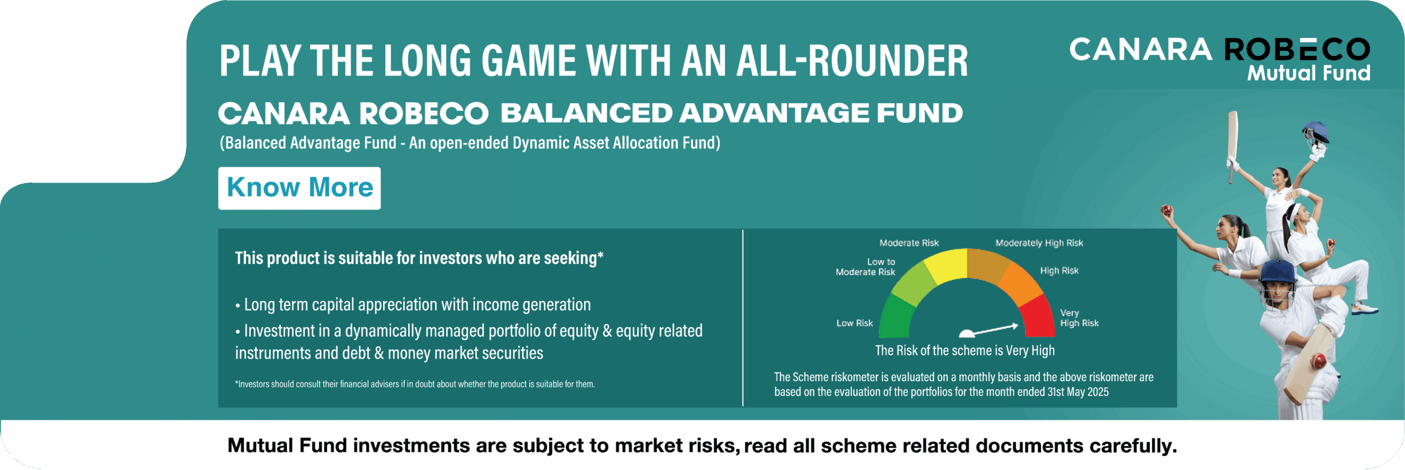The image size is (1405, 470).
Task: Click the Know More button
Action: coord(299,188)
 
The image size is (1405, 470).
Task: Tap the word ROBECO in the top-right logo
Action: coord(1297,50)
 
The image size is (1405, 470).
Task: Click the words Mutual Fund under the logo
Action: coord(1308,73)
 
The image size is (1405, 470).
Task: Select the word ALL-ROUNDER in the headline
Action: coord(852,60)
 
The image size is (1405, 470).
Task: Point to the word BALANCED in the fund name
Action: coord(586,113)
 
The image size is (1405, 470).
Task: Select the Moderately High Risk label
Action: coord(1039,243)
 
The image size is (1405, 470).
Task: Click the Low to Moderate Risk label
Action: coord(866,267)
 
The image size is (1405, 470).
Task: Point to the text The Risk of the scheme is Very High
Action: coord(965,350)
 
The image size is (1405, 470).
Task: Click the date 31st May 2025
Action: coord(1078,392)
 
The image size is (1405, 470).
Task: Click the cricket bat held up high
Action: coord(1233,145)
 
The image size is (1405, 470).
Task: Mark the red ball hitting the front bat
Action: coord(1318,361)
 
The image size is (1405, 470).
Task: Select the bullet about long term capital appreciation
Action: coord(413,304)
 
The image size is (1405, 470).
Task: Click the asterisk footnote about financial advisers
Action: coord(415,384)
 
